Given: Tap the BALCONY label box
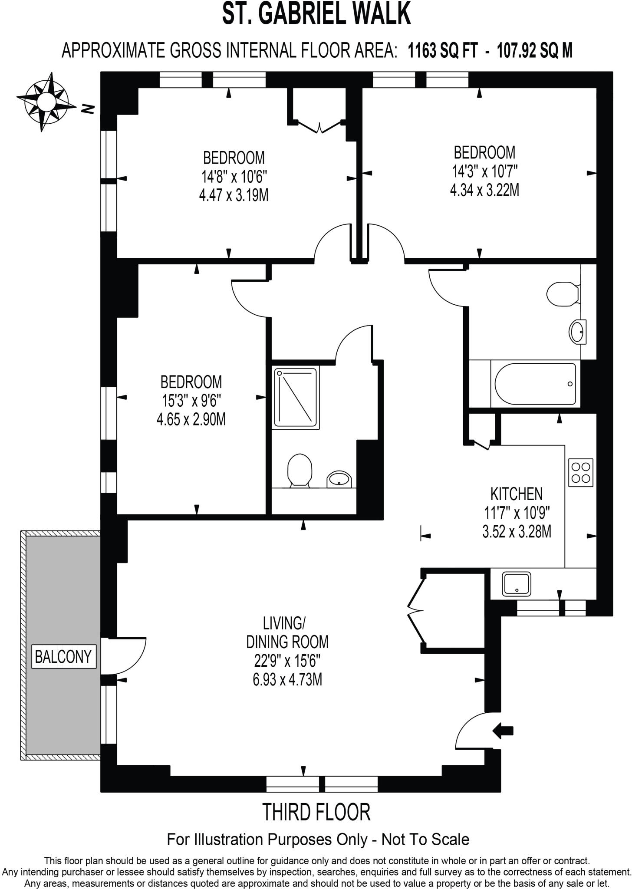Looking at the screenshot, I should [63, 656].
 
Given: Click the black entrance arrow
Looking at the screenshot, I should [503, 731].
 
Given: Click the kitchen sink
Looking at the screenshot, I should [517, 584].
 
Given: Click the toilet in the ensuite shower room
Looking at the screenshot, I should [300, 471].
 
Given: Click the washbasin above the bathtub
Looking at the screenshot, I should [577, 333].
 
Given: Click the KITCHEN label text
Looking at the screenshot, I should [516, 494].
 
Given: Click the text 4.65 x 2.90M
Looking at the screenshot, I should [191, 420].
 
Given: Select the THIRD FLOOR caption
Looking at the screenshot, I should [316, 813].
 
